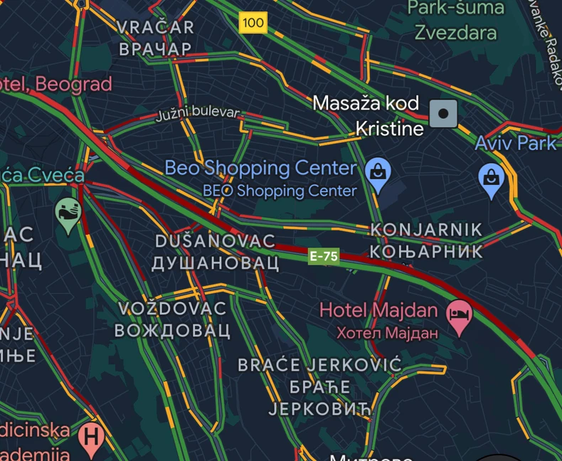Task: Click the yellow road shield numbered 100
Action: coord(253,23)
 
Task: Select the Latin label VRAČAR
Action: coord(154,28)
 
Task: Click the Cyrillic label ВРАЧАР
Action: coord(155,48)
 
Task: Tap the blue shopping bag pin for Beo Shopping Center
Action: coord(378,176)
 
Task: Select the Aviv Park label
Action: coord(516,143)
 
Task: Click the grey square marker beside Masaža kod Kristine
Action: coord(444,112)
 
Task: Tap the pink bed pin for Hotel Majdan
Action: coord(459,317)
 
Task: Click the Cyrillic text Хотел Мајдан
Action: coord(388,332)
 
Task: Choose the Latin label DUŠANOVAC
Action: coord(215,241)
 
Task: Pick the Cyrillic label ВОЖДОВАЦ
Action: coord(172,330)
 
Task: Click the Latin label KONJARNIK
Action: coord(425,230)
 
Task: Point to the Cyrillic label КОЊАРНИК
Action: coord(425,251)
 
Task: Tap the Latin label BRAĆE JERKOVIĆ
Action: coord(319,366)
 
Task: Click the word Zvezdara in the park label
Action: coord(455,33)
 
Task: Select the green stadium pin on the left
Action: coord(68,213)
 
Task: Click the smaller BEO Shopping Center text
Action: coord(280,191)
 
